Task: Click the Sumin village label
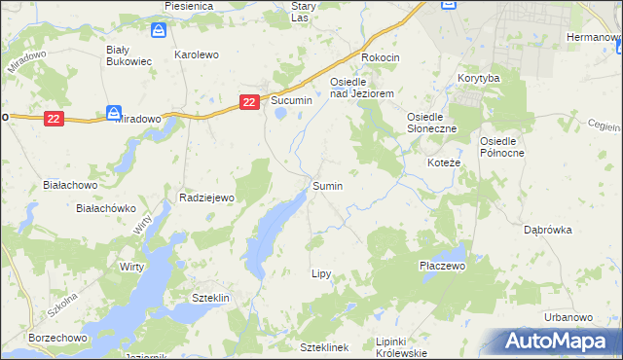(327, 185)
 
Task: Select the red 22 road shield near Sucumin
(249, 101)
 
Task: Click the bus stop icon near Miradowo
(114, 113)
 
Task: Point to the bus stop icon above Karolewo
(159, 32)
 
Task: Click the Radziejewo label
(207, 198)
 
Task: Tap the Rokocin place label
(381, 57)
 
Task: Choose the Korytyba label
(478, 77)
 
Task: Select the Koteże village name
(445, 162)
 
